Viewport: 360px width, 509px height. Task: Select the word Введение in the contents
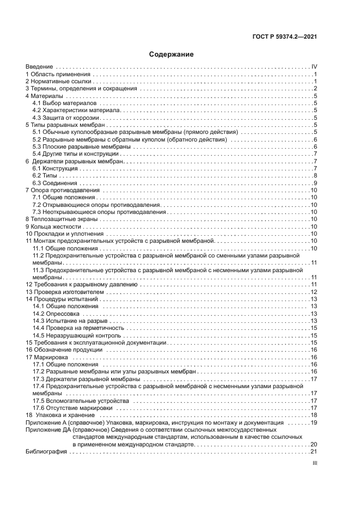coord(39,66)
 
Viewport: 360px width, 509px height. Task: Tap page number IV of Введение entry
coord(314,66)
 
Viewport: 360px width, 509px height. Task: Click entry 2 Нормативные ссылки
coord(54,81)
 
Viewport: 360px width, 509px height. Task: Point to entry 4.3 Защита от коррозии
coord(66,118)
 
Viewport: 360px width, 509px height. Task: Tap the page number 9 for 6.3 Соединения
coord(315,183)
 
